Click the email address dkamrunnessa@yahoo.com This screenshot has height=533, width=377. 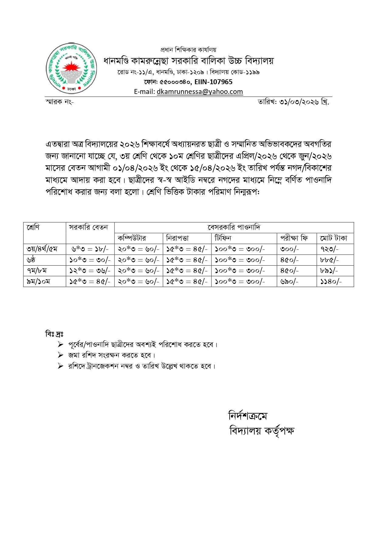(x=200, y=91)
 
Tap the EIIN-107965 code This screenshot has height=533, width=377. (x=214, y=82)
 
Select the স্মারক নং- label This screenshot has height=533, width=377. (x=59, y=102)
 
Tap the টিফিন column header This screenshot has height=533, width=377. (x=223, y=238)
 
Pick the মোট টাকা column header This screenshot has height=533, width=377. (x=333, y=238)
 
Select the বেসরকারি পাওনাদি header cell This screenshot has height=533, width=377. (x=234, y=227)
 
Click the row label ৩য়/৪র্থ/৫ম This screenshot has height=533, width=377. (x=42, y=249)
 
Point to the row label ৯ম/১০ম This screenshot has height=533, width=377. (x=38, y=282)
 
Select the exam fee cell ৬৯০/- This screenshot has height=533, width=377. (x=289, y=282)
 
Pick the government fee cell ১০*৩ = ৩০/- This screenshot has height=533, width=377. (x=90, y=260)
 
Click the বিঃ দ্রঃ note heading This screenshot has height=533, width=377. (x=54, y=334)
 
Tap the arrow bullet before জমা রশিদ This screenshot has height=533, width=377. (x=60, y=355)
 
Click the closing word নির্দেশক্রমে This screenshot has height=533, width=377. (x=248, y=416)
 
